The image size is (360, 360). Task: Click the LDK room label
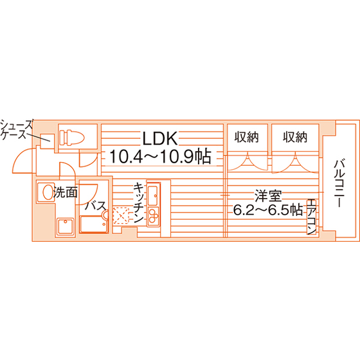[x=160, y=138]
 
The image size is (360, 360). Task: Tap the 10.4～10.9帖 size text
[x=160, y=156]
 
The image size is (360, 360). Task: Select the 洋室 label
[x=268, y=196]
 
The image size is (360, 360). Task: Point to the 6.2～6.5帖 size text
[x=268, y=210]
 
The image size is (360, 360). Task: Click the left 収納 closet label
[x=247, y=137]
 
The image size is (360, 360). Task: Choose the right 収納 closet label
[x=295, y=137]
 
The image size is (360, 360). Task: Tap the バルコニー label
[x=339, y=183]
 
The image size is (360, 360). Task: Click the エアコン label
[x=312, y=217]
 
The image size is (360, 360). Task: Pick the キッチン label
[x=138, y=203]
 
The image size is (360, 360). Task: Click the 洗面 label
[x=65, y=192]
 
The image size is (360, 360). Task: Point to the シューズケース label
[x=17, y=130]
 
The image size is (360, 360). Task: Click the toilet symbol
[x=72, y=138]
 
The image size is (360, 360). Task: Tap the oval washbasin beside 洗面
[x=48, y=192]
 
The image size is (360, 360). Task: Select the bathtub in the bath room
[x=94, y=224]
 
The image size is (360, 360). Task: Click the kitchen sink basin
[x=153, y=195]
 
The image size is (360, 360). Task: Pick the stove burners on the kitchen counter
[x=153, y=216]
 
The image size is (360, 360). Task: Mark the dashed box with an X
[x=121, y=215]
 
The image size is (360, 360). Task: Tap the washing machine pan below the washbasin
[x=66, y=226]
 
